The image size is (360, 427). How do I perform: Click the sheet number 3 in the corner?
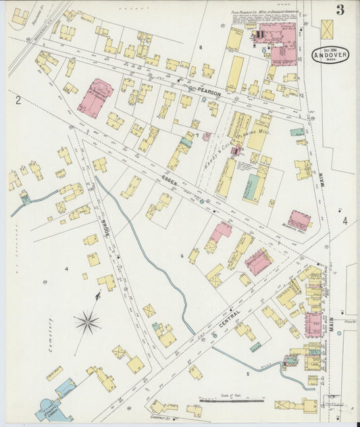click(x=339, y=9)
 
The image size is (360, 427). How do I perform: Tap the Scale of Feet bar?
click(x=230, y=401)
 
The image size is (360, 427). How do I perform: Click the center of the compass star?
click(x=87, y=322)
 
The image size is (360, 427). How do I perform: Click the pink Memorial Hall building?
click(x=299, y=220)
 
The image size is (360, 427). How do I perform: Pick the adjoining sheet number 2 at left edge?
click(x=19, y=101)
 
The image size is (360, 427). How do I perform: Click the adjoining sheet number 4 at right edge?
click(x=344, y=221)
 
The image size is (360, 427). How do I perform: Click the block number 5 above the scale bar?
click(x=247, y=373)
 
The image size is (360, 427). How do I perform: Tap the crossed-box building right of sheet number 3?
click(x=328, y=29)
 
